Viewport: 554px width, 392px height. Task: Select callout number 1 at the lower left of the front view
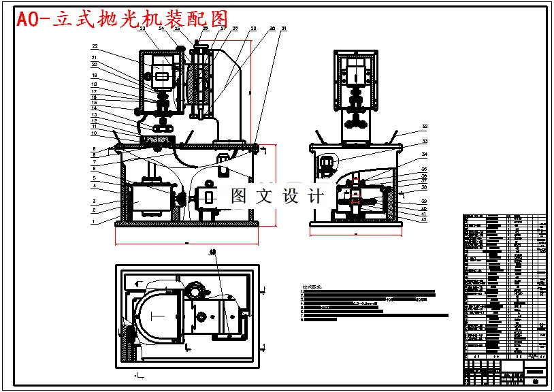pyautogui.click(x=95, y=220)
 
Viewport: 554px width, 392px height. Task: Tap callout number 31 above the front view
pyautogui.click(x=284, y=29)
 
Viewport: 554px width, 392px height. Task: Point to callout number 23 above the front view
pyautogui.click(x=143, y=29)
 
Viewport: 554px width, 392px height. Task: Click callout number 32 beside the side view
pyautogui.click(x=424, y=127)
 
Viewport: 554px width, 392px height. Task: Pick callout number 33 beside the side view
pyautogui.click(x=424, y=142)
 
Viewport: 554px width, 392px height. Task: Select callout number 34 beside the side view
pyautogui.click(x=424, y=155)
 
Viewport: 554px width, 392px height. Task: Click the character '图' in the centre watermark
pyautogui.click(x=239, y=197)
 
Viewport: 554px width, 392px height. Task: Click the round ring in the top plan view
pyautogui.click(x=194, y=291)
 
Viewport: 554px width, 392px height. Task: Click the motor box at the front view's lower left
pyautogui.click(x=148, y=201)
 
